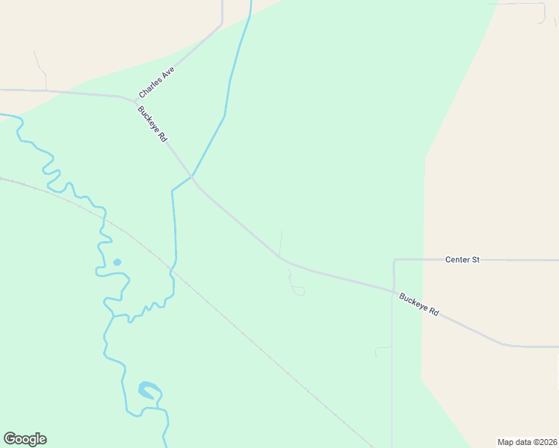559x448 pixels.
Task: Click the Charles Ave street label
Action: coord(155,82)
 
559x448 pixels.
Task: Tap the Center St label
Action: coord(462,260)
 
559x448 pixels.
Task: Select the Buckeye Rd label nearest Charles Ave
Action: coord(152,124)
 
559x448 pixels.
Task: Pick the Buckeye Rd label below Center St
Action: coord(419,304)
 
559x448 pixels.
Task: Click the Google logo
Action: coord(25,439)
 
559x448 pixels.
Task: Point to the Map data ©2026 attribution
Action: coord(526,441)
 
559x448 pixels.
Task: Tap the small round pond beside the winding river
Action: coord(117,262)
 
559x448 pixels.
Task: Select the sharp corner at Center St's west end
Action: coord(395,261)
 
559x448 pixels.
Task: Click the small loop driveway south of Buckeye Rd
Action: coord(298,290)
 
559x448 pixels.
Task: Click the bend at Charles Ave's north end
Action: coord(221,25)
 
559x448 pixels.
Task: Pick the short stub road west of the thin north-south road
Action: coord(383,347)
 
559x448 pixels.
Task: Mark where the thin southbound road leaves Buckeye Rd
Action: coord(393,292)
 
